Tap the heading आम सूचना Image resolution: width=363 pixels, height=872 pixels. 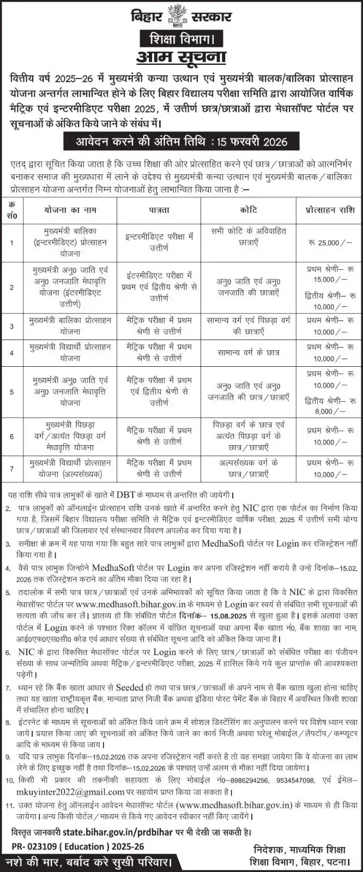pos(181,57)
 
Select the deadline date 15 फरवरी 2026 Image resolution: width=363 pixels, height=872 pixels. pos(253,143)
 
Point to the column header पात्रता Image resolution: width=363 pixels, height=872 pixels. pos(159,209)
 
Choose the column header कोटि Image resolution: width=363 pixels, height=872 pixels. pos(248,209)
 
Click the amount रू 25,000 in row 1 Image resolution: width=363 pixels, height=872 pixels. pos(329,241)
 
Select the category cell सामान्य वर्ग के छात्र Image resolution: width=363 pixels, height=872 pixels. pos(248,352)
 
